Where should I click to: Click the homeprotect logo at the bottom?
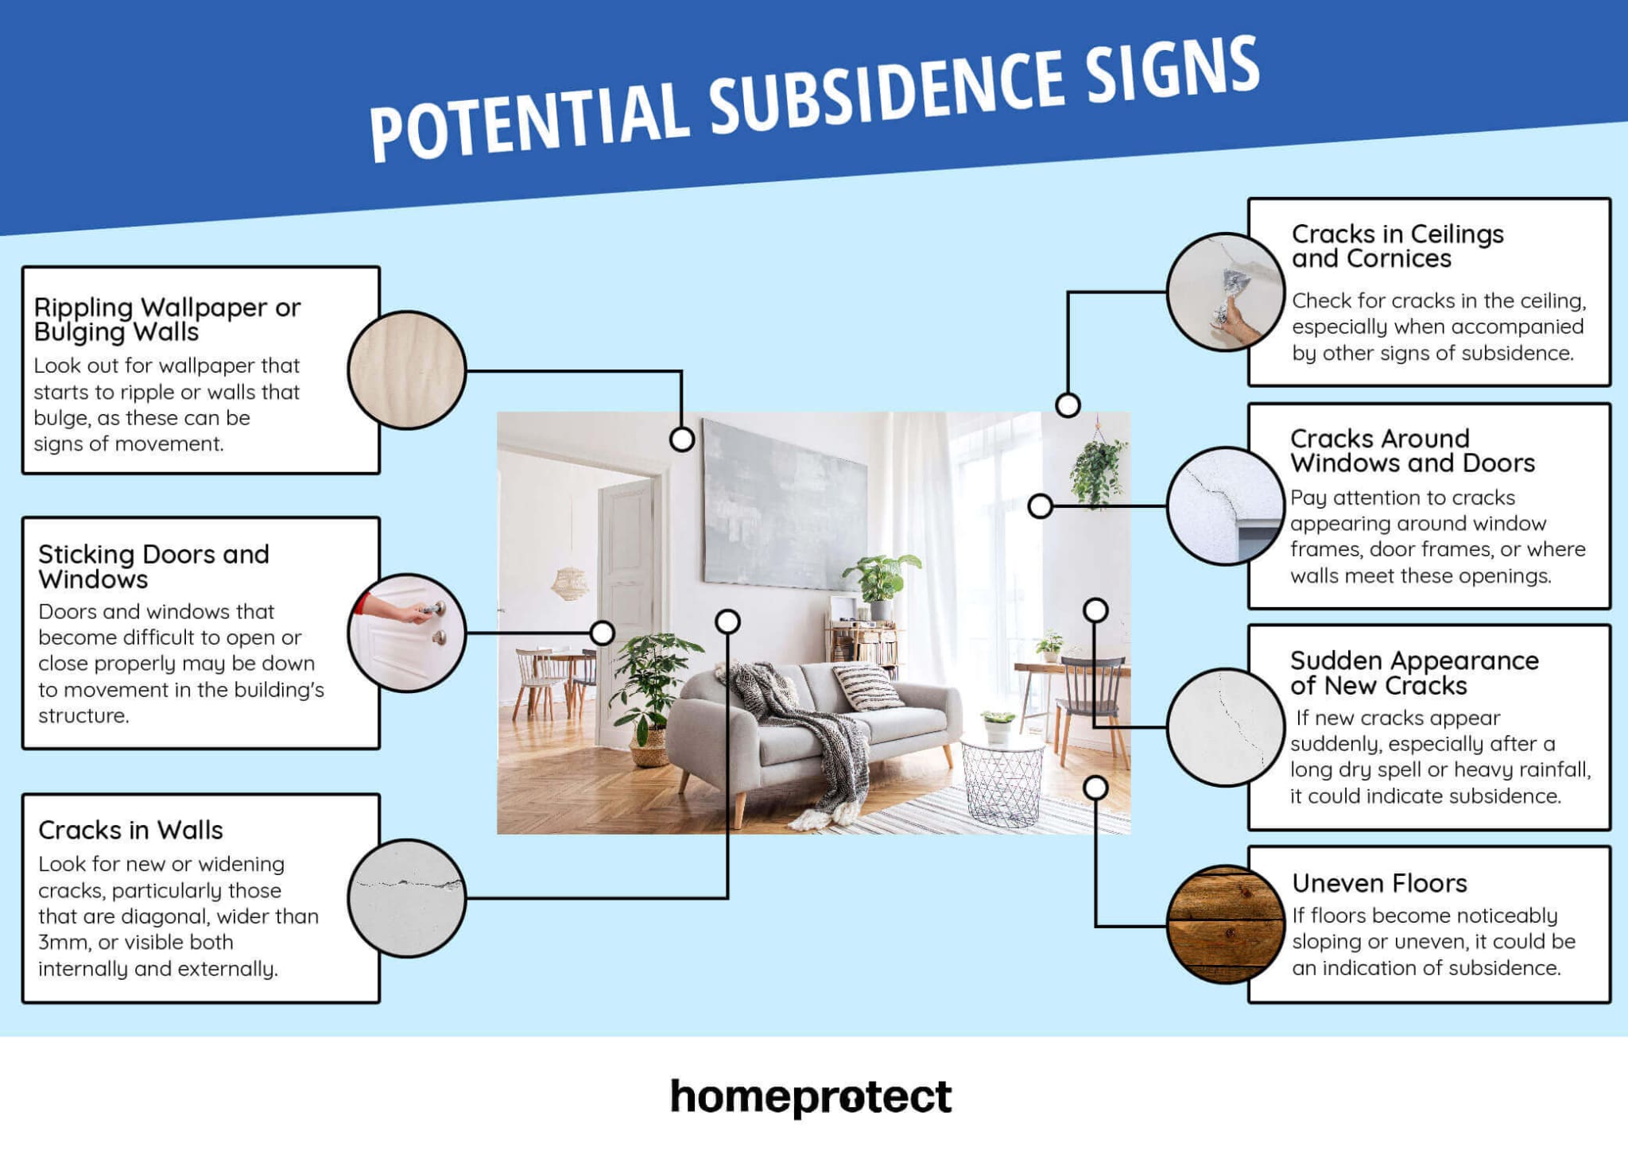pos(811,1097)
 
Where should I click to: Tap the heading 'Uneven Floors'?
pos(1379,883)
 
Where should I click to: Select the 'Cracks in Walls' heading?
pos(130,830)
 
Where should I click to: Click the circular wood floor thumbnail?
pos(1225,924)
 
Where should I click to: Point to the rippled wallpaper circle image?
pos(406,370)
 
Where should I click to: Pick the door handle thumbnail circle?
pos(406,633)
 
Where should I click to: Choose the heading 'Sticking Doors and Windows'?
pos(153,566)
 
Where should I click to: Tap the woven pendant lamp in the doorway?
pos(569,582)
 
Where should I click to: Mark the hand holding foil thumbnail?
pos(1225,292)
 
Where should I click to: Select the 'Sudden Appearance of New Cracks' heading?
pos(1413,672)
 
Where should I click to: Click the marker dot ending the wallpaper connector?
pos(681,439)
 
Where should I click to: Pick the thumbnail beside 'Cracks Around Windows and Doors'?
pos(1225,506)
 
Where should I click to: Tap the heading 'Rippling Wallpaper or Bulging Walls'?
pos(167,319)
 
